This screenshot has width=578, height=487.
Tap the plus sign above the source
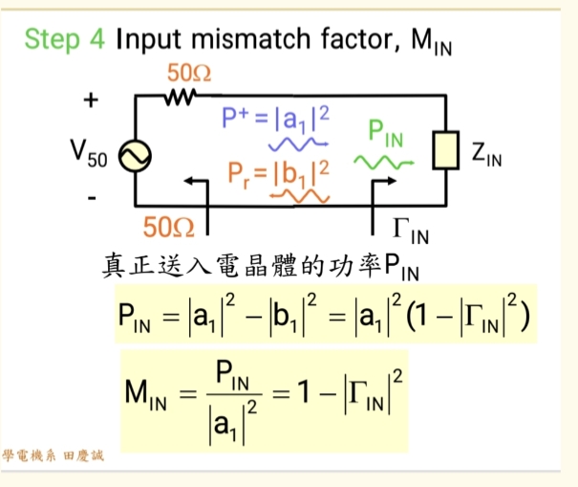[x=91, y=100]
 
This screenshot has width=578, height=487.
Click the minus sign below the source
[x=91, y=199]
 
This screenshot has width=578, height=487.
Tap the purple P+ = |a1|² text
[x=275, y=119]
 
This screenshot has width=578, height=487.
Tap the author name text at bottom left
[x=54, y=456]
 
